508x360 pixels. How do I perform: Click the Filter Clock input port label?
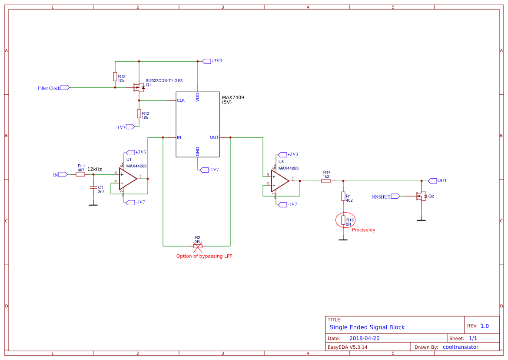point(49,88)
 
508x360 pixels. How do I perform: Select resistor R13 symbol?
point(115,77)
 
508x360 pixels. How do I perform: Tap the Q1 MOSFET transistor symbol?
point(138,87)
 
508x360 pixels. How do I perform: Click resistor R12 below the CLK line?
point(139,113)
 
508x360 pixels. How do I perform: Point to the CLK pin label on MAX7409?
point(180,100)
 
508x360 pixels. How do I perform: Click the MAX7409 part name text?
point(233,97)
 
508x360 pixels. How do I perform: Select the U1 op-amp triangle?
point(128,178)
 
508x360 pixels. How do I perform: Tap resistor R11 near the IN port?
point(80,174)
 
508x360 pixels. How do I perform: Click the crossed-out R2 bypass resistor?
point(197,246)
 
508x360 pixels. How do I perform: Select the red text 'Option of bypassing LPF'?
point(204,256)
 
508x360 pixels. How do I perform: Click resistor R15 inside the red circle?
point(343,220)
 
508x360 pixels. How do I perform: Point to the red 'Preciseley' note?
point(363,230)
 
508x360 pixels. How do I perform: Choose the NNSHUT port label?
point(381,197)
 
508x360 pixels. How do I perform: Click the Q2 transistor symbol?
point(421,196)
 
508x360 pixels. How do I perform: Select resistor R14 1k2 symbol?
point(326,181)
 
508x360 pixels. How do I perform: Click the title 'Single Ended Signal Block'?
point(367,327)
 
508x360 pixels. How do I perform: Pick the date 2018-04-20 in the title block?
point(364,338)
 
